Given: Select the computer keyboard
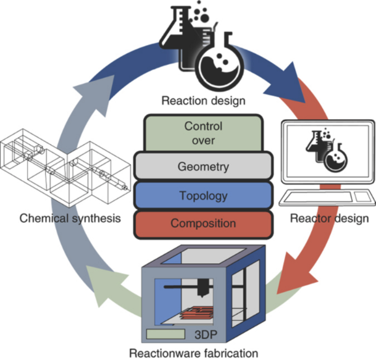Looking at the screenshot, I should [x=315, y=198].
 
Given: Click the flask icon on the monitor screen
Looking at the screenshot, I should [x=326, y=151].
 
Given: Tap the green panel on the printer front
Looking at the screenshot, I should [x=166, y=334].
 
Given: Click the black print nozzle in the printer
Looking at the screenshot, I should [x=202, y=285].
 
